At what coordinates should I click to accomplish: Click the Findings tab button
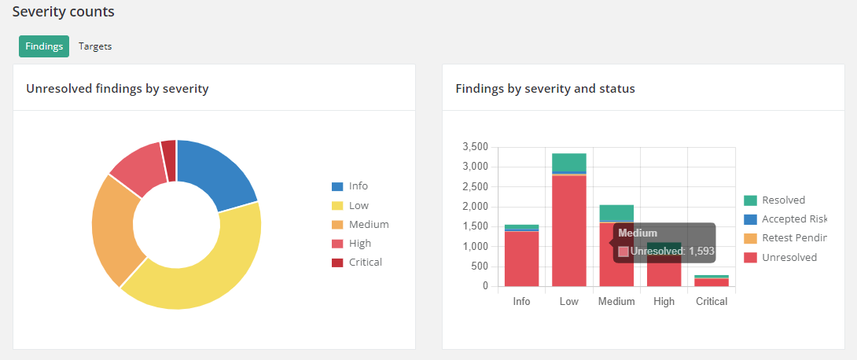(x=44, y=46)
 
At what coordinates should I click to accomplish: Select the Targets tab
(x=95, y=46)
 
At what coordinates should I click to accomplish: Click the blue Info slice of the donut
(x=217, y=174)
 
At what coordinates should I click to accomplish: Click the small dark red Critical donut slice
(x=168, y=150)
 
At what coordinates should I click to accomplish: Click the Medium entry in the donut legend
(x=368, y=224)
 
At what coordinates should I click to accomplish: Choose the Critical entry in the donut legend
(x=365, y=262)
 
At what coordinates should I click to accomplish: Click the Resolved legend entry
(x=782, y=200)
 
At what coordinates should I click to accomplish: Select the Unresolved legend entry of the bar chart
(x=789, y=257)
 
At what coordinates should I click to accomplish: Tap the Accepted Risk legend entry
(x=793, y=219)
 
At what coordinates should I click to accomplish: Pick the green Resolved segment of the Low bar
(x=569, y=161)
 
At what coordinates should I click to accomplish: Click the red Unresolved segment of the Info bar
(x=521, y=259)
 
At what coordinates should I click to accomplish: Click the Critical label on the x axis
(x=711, y=302)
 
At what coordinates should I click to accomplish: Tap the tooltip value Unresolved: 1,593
(x=671, y=252)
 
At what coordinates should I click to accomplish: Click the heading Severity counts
(x=63, y=12)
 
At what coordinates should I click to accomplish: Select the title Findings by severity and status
(x=545, y=89)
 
